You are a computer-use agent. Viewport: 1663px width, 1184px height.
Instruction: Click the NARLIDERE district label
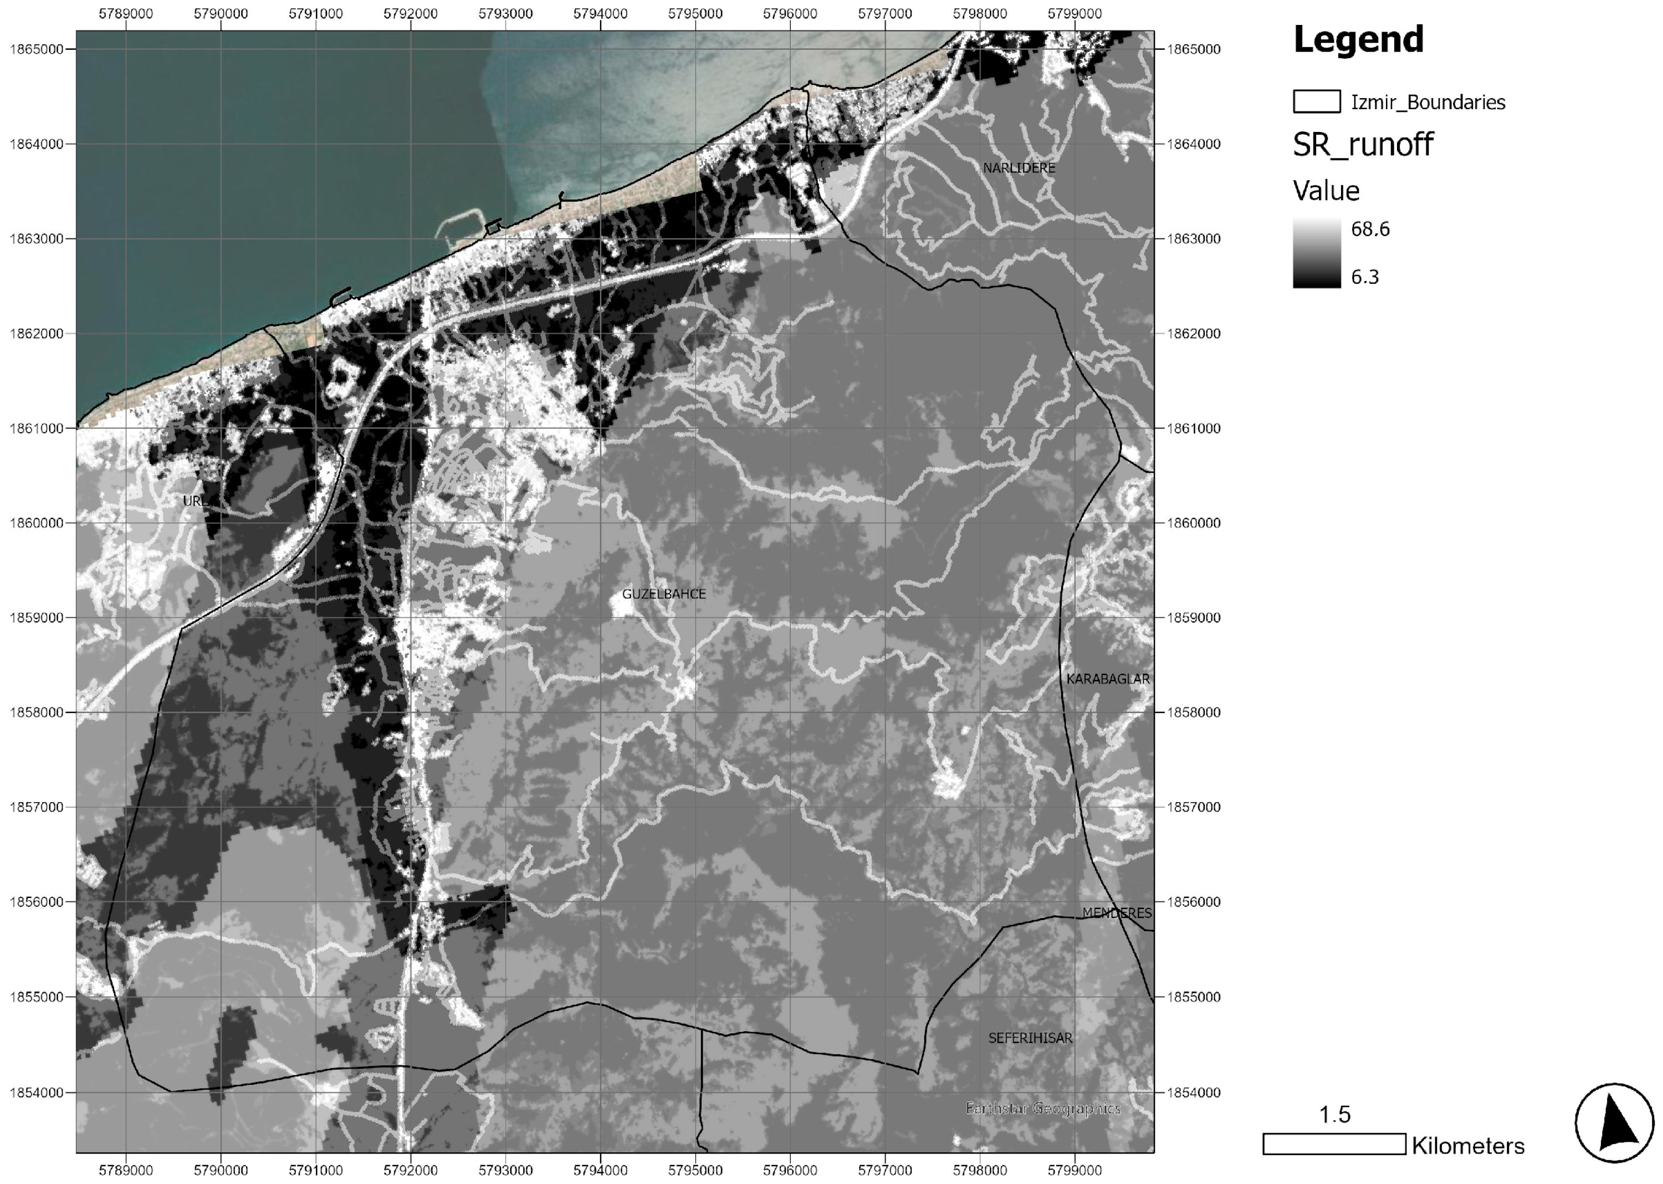tap(1018, 169)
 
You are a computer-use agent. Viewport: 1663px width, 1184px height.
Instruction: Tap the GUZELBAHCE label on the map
tap(663, 594)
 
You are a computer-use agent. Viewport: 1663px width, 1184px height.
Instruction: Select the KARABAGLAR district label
tap(1107, 679)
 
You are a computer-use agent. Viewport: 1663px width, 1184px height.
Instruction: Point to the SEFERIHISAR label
tap(1030, 1038)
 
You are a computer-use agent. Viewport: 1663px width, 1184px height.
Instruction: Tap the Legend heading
tap(1358, 40)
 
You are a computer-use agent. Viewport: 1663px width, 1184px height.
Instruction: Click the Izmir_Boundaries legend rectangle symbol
tap(1316, 101)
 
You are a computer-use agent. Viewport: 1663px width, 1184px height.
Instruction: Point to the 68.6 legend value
tap(1370, 229)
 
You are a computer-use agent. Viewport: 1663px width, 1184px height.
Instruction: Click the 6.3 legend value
tap(1364, 277)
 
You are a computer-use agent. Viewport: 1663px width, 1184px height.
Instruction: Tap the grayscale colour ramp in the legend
tap(1316, 253)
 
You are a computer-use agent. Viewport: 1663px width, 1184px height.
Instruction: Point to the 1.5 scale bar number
tap(1334, 1115)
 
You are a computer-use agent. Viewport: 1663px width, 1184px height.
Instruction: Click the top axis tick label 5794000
tap(601, 14)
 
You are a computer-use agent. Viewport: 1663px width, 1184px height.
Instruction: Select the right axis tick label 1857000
tap(1193, 807)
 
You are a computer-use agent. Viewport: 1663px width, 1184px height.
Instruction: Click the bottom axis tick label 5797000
tap(885, 1170)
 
